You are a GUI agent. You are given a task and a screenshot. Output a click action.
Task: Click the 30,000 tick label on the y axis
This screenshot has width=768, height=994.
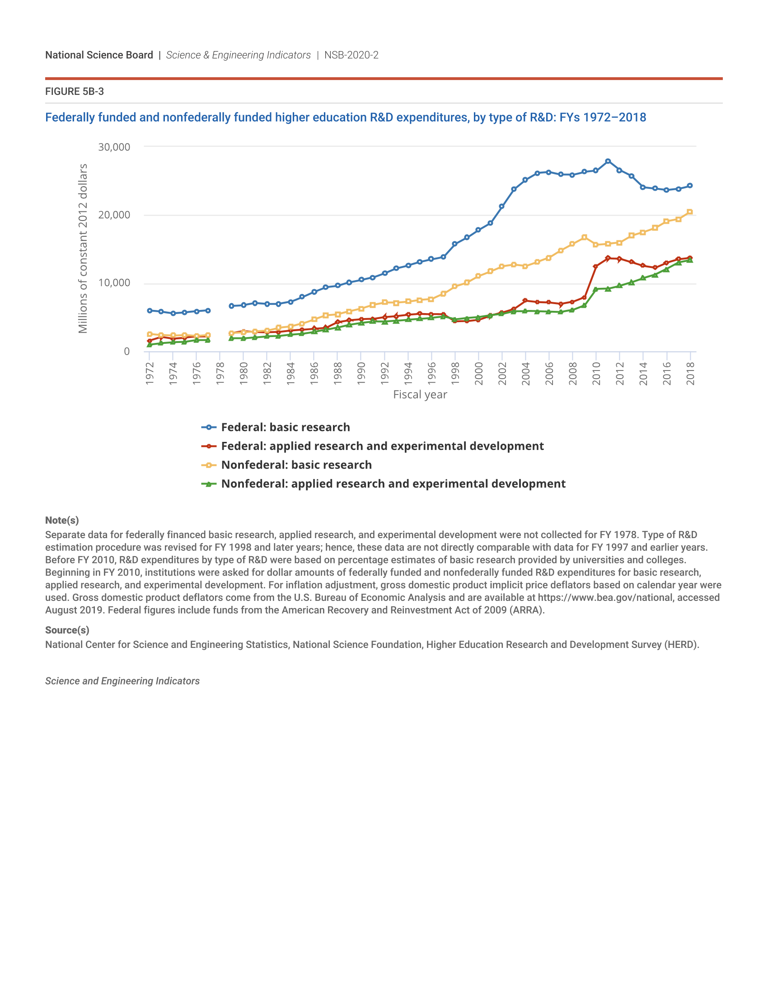114,147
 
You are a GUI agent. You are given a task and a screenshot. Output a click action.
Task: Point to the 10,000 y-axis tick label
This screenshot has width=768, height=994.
114,283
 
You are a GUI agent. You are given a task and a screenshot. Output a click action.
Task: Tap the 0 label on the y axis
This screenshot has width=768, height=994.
126,352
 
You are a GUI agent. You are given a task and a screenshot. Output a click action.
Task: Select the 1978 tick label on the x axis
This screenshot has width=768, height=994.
220,373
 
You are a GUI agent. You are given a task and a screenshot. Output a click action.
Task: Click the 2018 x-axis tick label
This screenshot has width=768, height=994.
690,373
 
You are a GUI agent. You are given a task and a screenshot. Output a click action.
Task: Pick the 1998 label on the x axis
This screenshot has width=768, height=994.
455,373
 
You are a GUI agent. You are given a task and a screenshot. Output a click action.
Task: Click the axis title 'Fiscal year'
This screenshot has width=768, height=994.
420,394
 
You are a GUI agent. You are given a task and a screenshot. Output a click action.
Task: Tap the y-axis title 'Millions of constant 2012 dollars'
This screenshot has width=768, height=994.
82,248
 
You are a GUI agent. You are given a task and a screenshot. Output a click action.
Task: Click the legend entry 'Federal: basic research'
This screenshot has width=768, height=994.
285,427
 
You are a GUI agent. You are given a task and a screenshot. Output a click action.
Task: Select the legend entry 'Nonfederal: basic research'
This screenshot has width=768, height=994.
296,464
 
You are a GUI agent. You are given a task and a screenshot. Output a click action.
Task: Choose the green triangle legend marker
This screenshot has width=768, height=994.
209,484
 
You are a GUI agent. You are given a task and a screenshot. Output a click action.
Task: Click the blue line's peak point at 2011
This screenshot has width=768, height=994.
608,162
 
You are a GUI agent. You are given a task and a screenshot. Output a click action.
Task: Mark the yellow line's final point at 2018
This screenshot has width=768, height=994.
690,212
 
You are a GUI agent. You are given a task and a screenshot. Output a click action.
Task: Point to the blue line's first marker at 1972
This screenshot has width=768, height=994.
150,310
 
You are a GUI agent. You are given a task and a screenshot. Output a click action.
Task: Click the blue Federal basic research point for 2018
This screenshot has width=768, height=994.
690,186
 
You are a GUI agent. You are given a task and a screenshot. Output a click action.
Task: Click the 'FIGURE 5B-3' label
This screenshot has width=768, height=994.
74,91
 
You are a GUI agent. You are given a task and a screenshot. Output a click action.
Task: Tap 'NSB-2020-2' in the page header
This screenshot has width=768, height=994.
351,55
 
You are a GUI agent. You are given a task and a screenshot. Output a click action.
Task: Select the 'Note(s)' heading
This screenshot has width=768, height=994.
62,520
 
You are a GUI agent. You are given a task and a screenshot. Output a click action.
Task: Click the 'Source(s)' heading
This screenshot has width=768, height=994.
67,630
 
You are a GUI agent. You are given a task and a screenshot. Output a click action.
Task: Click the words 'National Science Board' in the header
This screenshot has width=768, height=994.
99,55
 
